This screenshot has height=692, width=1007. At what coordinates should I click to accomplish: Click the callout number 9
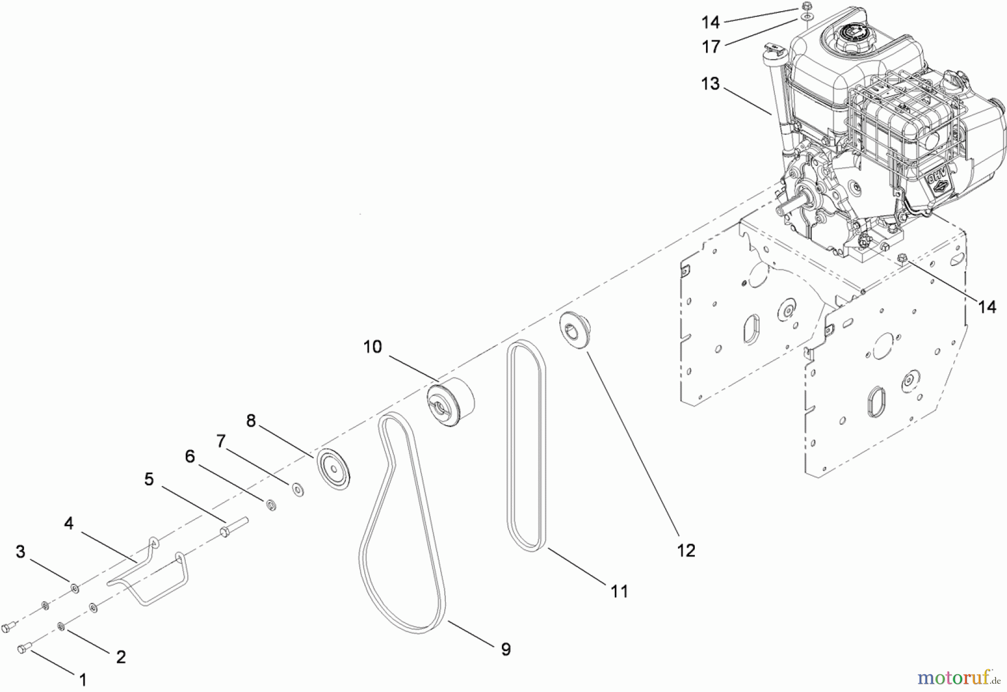coord(506,649)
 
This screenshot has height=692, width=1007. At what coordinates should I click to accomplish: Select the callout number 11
coord(619,591)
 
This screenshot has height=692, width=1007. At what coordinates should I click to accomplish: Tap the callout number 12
coord(686,550)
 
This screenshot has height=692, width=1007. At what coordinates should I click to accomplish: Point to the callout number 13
coord(710,84)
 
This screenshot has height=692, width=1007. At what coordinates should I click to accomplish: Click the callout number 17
coord(711,46)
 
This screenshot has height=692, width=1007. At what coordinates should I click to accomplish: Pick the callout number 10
coord(373,347)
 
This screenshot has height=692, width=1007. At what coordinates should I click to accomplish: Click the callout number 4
coord(68,523)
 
